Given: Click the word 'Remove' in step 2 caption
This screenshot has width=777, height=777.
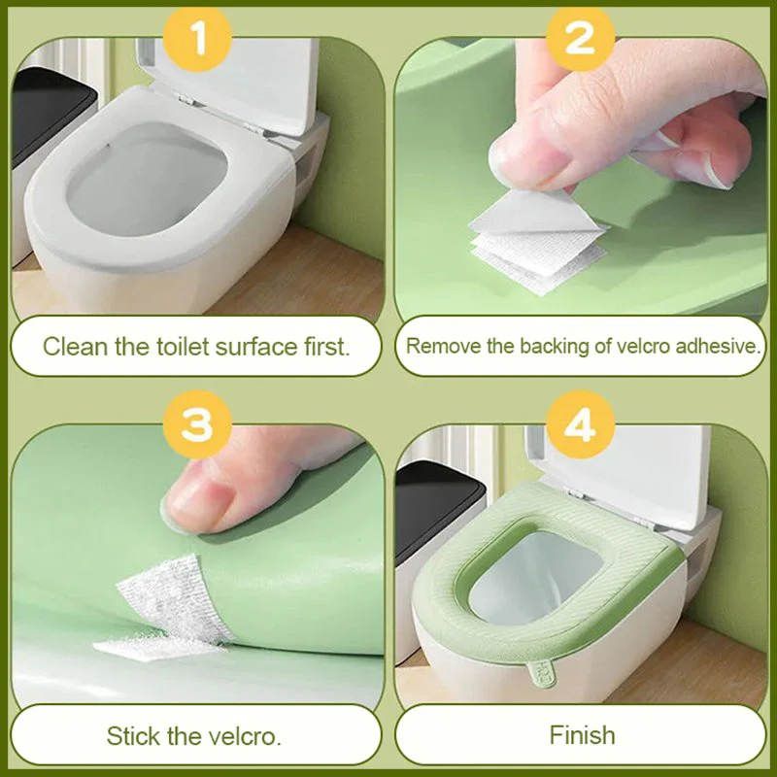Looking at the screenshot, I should pos(438,346).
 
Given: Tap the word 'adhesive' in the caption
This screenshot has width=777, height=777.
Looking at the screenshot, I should pos(719,346).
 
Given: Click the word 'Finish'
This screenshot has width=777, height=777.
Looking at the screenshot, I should pos(582,734).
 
